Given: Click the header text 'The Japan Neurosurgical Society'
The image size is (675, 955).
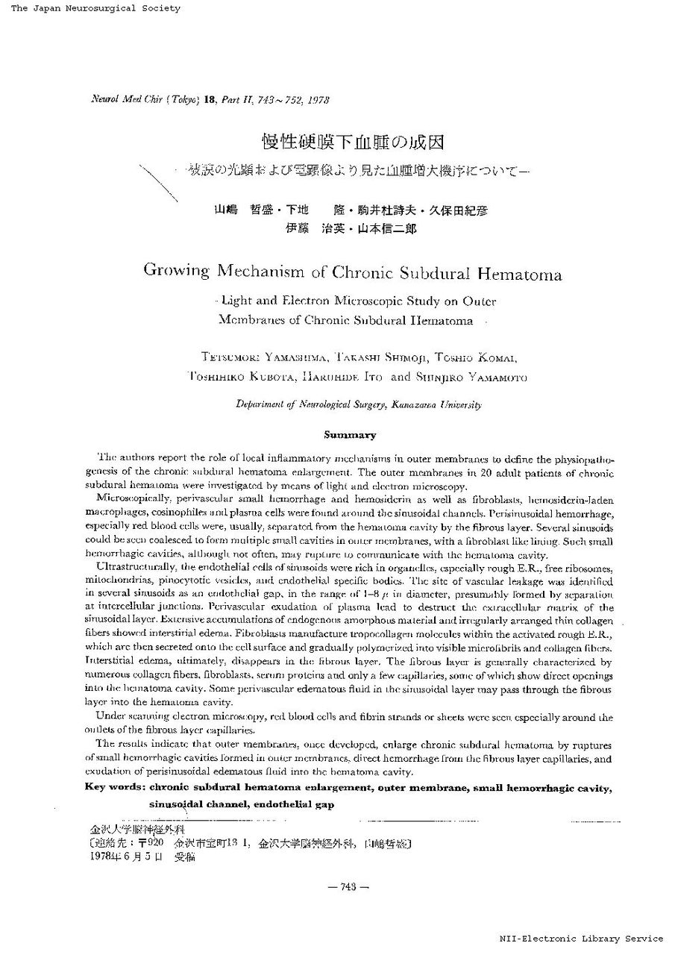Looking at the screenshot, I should pos(95,8).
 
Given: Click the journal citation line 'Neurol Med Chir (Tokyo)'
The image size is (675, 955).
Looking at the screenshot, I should pos(134,98).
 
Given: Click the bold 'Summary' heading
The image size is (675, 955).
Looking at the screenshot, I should pos(349,434).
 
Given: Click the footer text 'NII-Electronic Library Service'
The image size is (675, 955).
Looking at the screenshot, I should pos(581,939).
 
